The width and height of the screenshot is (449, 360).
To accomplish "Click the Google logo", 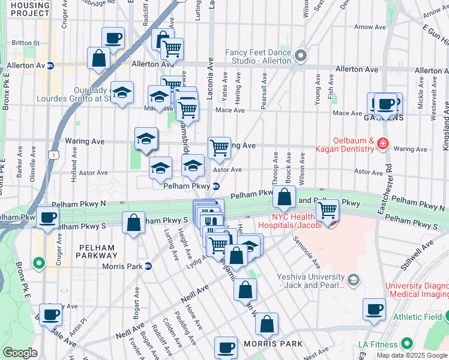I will pyautogui.click(x=20, y=353).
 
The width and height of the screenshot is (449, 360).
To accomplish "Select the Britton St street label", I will pyautogui.click(x=25, y=43).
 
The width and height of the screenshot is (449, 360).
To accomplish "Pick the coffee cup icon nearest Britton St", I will pyautogui.click(x=113, y=39).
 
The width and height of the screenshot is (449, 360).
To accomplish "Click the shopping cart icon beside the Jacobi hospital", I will pyautogui.click(x=327, y=211).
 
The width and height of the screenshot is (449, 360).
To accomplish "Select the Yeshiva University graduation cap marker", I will pyautogui.click(x=354, y=280).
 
